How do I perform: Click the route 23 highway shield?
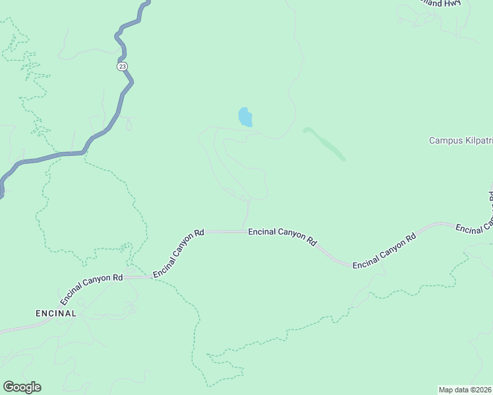(122, 66)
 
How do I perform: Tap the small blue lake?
(245, 117)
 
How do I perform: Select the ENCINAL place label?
(56, 313)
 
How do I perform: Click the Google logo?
(22, 387)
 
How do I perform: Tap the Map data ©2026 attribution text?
(465, 389)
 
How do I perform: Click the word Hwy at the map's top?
(453, 3)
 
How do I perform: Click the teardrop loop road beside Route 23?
(128, 122)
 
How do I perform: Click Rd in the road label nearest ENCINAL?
(117, 278)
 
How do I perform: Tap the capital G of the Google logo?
(9, 387)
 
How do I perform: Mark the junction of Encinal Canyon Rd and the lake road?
(246, 231)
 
